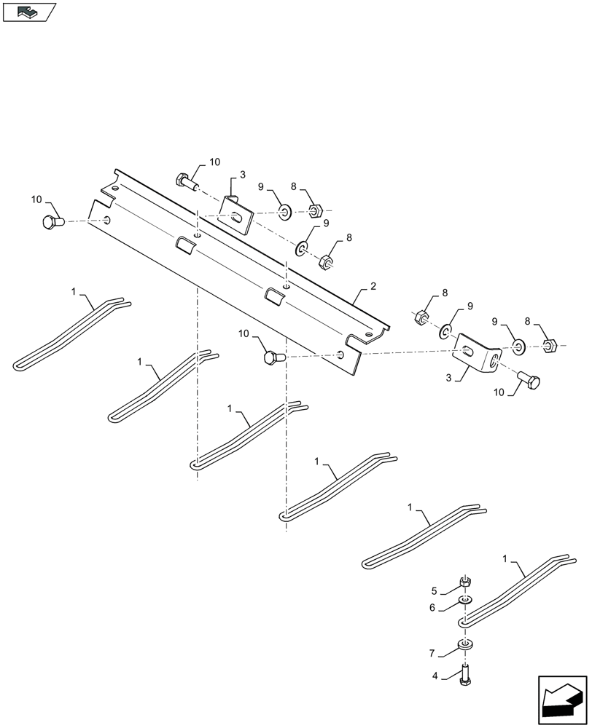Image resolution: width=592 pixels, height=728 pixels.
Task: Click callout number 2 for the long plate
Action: [373, 288]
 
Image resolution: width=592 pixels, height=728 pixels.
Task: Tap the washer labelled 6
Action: [464, 601]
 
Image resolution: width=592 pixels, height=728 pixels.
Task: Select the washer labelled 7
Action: [464, 645]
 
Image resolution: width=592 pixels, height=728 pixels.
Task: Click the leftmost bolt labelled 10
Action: [52, 221]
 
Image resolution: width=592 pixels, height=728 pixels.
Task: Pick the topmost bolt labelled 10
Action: [186, 181]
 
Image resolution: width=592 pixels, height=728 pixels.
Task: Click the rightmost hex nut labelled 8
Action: [551, 344]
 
